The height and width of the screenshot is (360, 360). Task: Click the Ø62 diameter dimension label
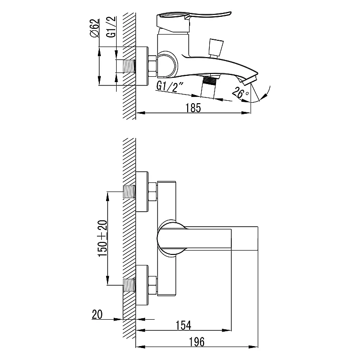[95, 28]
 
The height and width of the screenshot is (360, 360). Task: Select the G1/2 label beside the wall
[111, 27]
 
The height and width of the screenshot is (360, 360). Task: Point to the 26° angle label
[240, 92]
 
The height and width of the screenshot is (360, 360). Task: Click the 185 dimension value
[193, 108]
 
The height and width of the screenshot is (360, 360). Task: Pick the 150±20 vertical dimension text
[103, 238]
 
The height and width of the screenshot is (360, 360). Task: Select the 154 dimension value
[183, 325]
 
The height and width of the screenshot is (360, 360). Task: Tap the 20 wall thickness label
[97, 314]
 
